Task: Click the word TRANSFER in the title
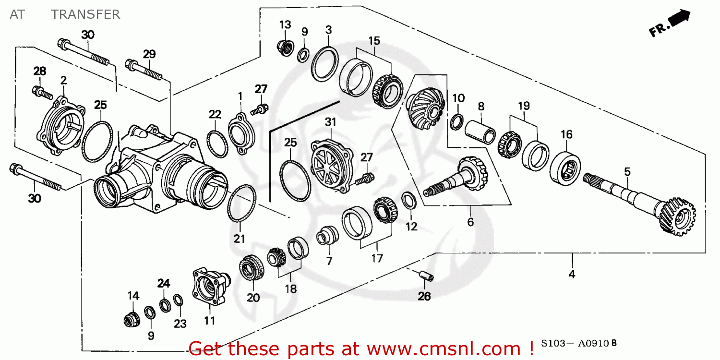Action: click(85, 14)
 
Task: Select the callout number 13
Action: click(285, 24)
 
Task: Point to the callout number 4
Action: click(572, 274)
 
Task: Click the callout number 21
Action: click(240, 239)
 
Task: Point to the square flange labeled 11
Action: click(209, 288)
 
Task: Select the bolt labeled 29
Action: click(144, 70)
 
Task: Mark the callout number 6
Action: click(470, 222)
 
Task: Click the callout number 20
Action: click(253, 298)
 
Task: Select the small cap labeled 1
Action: click(239, 133)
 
